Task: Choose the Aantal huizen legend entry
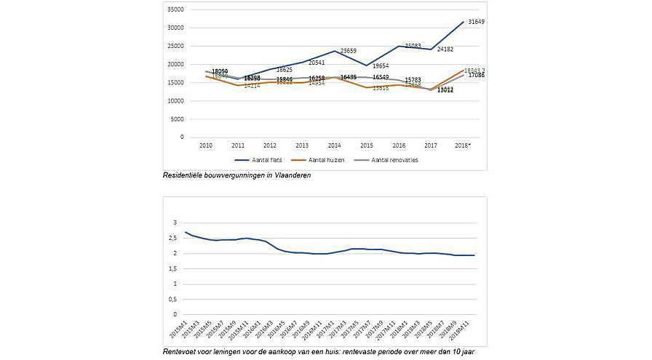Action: click(327, 160)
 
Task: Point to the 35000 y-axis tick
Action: click(176, 9)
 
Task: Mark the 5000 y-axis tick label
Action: click(178, 119)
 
